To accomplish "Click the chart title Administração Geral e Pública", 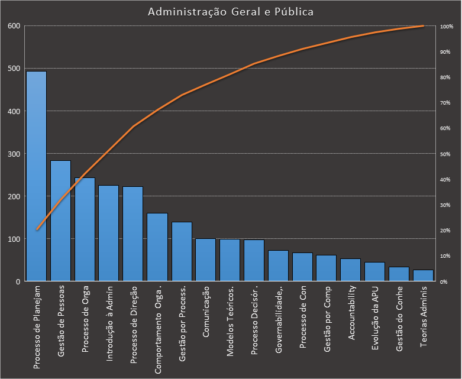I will pos(231,12).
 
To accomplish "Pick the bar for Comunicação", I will pos(205,260).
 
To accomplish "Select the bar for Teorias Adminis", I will pos(423,276).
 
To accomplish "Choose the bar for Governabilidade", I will pos(278,266).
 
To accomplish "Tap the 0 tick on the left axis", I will pos(18,281).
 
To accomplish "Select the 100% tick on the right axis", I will pos(446,27).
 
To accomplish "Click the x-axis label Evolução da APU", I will pos(375,319).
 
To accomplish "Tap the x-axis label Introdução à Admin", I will pos(109,323).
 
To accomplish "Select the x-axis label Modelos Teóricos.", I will pos(230,322).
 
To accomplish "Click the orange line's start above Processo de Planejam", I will pos(37,229).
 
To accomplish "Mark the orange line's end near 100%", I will pos(423,26).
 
